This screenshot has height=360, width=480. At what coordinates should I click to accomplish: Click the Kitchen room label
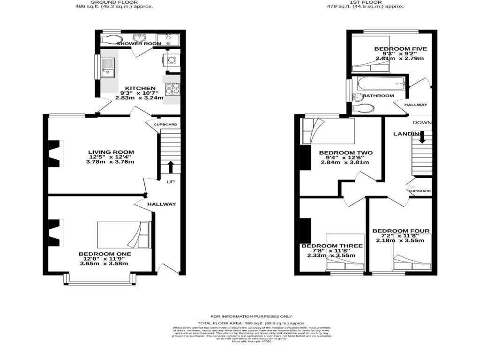[140, 88]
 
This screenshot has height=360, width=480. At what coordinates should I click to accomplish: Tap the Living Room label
[112, 152]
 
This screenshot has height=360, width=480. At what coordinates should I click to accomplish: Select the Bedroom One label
[105, 254]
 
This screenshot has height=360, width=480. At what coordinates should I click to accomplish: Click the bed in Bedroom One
[124, 234]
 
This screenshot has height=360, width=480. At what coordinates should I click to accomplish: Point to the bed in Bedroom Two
[328, 131]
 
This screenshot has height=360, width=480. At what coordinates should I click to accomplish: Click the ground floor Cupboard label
[166, 124]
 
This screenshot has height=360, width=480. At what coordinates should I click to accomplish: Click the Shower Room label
[139, 44]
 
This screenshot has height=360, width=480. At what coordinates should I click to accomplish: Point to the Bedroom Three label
[332, 246]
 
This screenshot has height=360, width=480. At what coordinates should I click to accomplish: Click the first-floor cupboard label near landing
[420, 191]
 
